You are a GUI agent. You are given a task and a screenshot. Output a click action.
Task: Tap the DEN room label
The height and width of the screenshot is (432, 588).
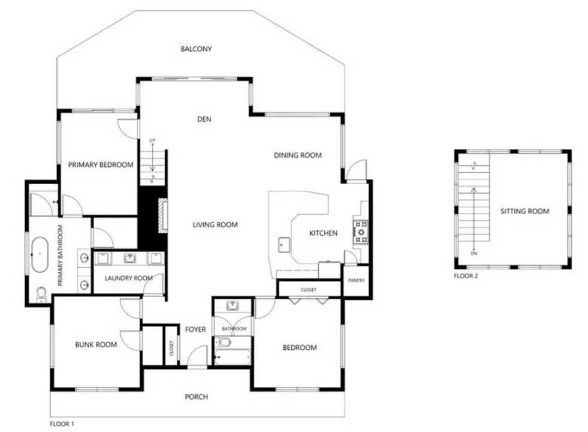pos(204,119)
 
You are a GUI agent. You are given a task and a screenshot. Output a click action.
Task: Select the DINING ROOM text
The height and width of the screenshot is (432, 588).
pos(298,155)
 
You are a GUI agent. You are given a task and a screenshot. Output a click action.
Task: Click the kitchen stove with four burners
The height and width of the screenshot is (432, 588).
pos(361,233)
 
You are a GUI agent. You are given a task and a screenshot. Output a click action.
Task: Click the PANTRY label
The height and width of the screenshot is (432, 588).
pos(355,280)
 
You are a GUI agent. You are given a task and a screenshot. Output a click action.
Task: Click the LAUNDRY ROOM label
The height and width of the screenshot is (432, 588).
pos(128,278)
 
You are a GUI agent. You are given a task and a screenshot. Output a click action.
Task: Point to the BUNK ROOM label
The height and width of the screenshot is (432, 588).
pos(95,344)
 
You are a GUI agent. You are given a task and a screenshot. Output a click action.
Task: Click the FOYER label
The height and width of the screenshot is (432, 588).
pos(195,329)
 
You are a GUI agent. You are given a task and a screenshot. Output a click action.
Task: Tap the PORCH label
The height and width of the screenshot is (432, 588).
pos(196,397)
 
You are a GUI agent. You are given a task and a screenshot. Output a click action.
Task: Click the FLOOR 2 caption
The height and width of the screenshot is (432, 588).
pos(466,277)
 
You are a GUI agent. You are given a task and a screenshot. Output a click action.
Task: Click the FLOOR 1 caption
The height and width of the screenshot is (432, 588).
pos(62,424)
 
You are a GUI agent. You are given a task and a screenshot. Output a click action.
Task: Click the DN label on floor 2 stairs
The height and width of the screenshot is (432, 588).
pos(474,253)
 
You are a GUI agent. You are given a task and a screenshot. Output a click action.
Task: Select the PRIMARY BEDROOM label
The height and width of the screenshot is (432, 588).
pos(100,165)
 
